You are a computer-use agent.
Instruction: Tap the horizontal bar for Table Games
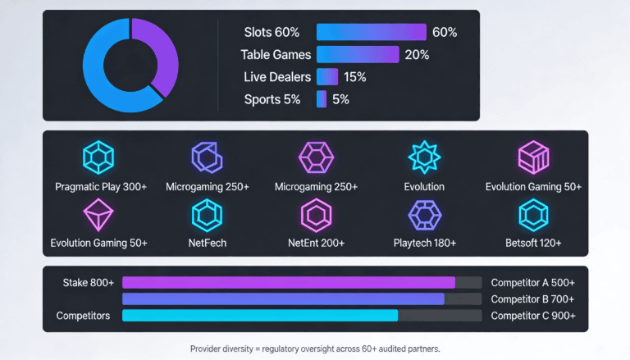coord(357,55)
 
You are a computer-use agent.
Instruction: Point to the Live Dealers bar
coord(327,77)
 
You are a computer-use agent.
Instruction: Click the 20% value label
coord(416,55)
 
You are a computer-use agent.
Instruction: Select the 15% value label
coord(354,77)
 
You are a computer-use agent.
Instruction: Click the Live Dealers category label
coord(277,77)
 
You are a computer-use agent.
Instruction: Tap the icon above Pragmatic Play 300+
coord(98,157)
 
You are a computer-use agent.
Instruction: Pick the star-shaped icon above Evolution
coord(424,157)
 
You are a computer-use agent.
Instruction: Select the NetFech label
coord(207,243)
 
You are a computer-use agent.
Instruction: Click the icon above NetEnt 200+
coord(316,215)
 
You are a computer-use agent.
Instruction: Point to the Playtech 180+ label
coord(424,243)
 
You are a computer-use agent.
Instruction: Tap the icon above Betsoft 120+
coord(533,215)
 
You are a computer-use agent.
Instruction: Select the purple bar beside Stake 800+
coord(288,282)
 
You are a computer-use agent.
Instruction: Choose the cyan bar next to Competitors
coord(259,315)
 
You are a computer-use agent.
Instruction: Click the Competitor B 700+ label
coord(532,299)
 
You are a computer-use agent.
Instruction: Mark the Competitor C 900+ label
coord(532,316)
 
